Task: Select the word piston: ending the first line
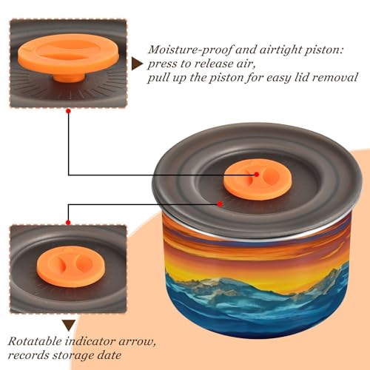click(x=324, y=50)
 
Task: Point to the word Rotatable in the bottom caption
click(x=35, y=342)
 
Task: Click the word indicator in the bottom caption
click(x=91, y=342)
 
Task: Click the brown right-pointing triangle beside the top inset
click(x=136, y=64)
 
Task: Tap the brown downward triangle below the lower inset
click(x=69, y=325)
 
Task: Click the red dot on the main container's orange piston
click(x=257, y=175)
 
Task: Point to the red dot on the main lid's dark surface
click(x=220, y=204)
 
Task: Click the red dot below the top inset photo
click(x=69, y=112)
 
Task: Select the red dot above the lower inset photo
click(x=68, y=223)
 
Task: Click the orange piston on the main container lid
click(x=258, y=179)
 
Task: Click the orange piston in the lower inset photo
click(x=71, y=266)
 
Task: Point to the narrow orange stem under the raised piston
click(x=69, y=77)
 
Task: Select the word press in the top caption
click(x=162, y=64)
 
